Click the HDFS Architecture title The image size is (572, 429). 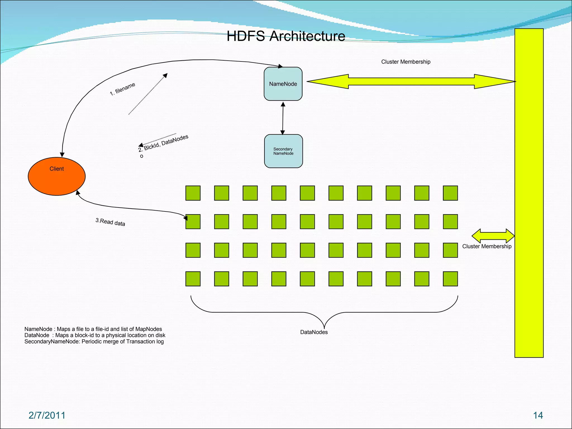286,36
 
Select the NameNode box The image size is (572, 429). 283,84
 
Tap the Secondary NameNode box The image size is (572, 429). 283,151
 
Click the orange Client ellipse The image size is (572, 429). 57,177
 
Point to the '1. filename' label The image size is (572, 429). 122,89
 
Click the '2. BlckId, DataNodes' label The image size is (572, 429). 163,143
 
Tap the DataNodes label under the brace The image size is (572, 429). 314,332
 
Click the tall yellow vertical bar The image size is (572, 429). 529,193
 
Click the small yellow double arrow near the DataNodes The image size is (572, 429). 493,236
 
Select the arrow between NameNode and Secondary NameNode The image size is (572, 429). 283,118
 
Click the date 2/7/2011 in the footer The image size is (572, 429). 47,415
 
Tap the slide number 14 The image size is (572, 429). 538,415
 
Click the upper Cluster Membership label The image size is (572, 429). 406,62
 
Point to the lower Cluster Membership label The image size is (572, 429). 487,246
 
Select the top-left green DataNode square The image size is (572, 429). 193,193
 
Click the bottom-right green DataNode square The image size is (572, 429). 450,279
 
